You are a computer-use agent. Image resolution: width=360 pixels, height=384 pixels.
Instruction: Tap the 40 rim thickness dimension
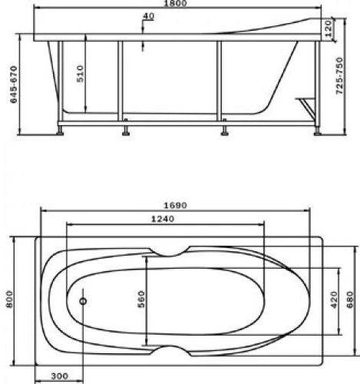[149, 16]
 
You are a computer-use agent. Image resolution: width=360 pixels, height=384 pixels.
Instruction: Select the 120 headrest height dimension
[328, 28]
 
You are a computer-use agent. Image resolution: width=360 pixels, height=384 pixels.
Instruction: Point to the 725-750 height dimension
[339, 76]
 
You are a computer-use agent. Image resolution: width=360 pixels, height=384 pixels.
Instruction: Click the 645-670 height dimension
[14, 84]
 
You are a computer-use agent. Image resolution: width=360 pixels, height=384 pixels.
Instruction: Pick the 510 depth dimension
[80, 74]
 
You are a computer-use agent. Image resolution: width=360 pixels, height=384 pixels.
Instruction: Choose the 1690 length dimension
[175, 205]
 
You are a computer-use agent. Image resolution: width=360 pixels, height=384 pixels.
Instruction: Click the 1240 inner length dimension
[163, 219]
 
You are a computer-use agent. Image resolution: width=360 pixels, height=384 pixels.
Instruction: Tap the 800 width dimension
[10, 299]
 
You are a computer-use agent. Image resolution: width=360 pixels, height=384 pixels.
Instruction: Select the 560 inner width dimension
[141, 299]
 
